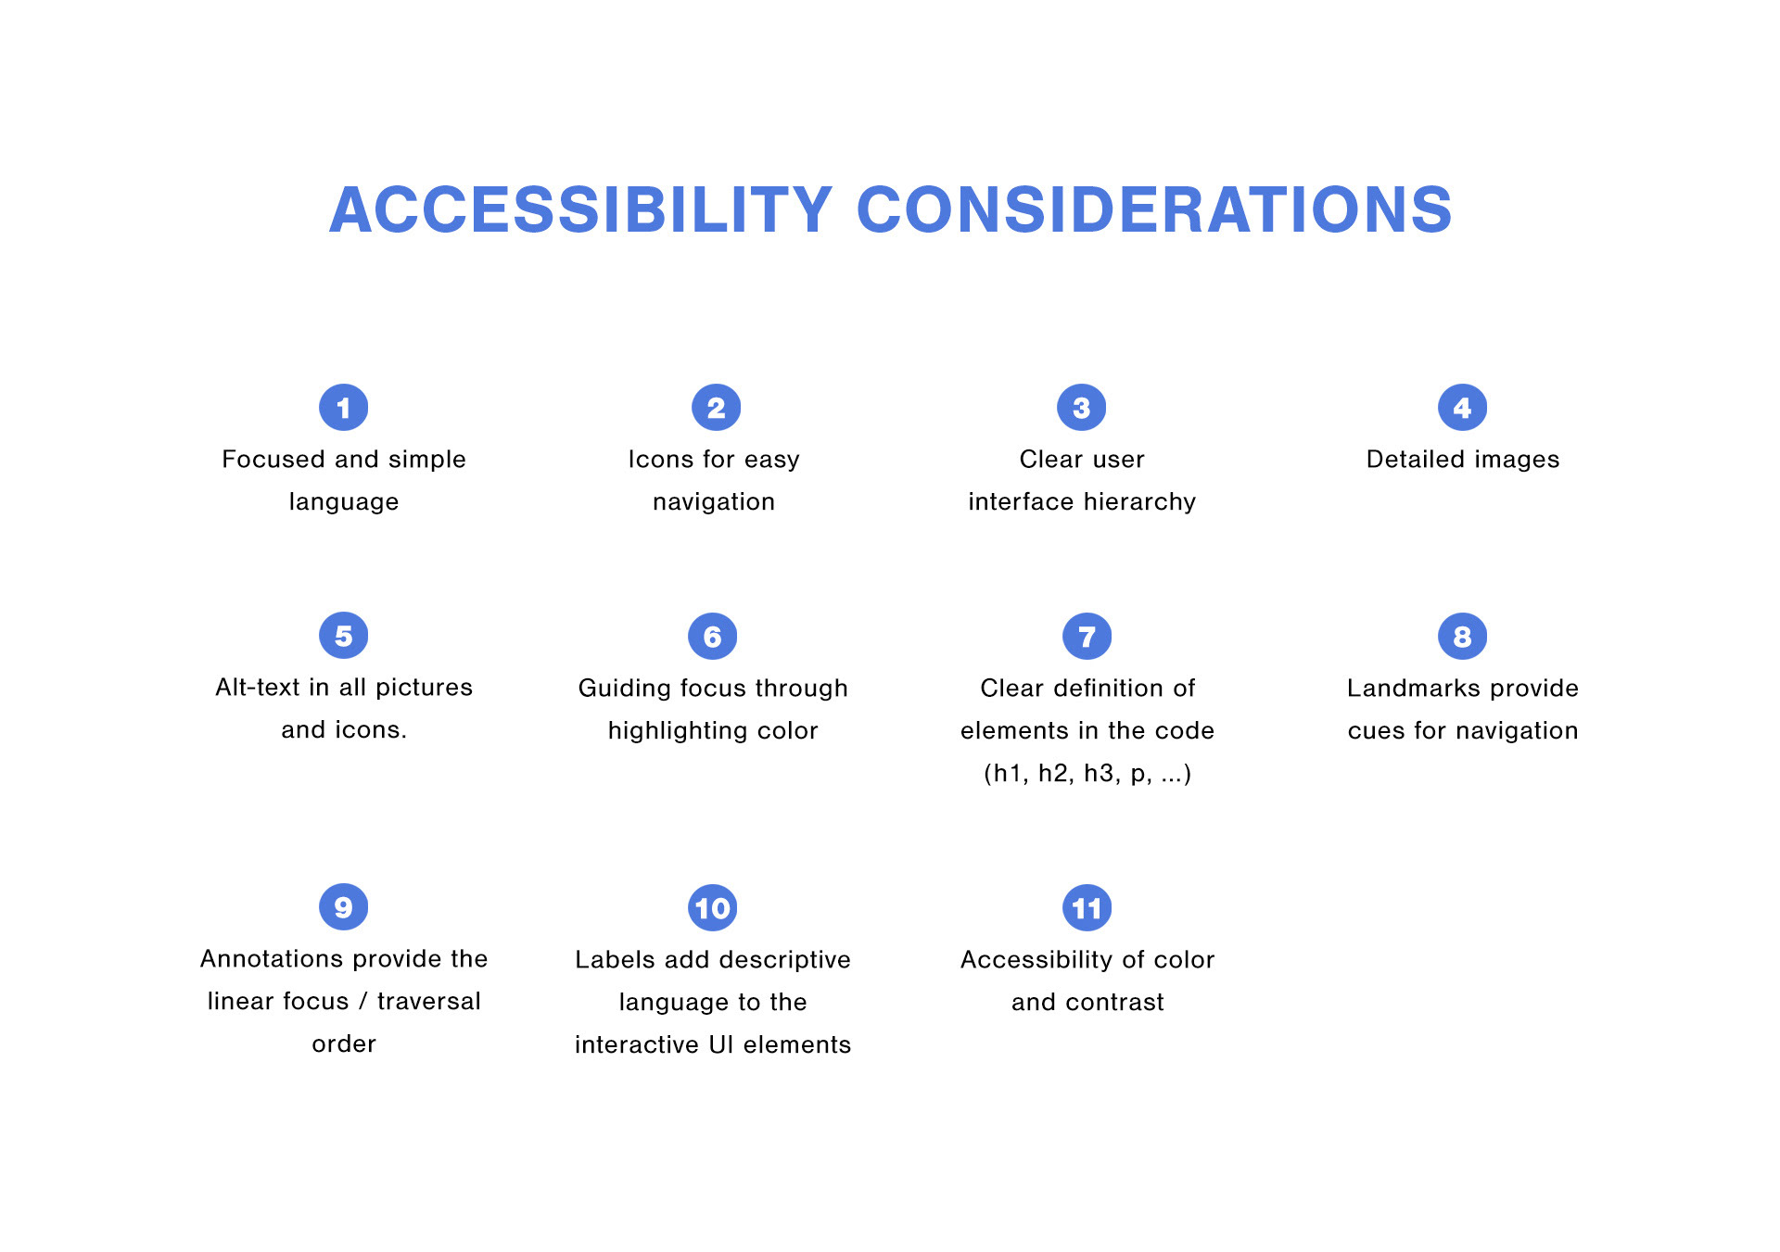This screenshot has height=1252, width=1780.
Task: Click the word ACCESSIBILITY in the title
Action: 580,209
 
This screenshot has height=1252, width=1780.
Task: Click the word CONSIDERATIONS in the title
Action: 1154,209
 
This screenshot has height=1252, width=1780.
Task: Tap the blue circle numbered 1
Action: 344,408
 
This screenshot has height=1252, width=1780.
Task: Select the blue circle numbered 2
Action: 717,408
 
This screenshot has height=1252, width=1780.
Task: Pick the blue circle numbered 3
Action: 1082,408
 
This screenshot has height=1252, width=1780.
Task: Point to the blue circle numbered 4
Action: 1463,408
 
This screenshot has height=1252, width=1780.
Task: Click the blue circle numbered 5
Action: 344,636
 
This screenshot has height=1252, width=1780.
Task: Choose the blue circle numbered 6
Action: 713,637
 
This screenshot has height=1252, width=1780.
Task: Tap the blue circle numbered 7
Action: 1087,637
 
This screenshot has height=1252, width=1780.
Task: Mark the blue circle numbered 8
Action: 1463,637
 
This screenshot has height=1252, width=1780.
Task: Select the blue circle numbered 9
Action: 344,907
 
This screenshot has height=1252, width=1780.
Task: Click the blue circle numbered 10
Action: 713,908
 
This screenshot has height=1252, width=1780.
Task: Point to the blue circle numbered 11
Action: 1087,908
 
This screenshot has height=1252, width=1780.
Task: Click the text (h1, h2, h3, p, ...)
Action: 1087,774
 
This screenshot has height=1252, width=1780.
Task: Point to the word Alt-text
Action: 259,688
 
